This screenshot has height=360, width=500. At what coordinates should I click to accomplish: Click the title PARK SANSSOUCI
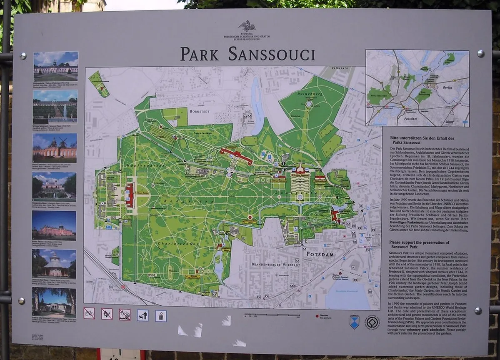click(247, 54)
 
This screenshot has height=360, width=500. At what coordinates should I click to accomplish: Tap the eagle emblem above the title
click(247, 27)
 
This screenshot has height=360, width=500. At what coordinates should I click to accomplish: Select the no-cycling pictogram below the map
click(89, 313)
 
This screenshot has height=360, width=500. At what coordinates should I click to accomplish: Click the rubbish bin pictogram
click(161, 315)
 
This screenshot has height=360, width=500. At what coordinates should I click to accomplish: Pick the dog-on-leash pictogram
click(142, 315)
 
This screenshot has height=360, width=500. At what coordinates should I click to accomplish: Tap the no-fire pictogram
click(107, 313)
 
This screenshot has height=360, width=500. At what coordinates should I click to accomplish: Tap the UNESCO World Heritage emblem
click(372, 322)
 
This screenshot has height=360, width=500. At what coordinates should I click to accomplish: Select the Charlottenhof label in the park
click(174, 243)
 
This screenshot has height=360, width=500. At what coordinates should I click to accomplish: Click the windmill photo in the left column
click(55, 148)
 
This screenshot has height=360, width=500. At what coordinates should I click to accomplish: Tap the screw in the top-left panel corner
click(23, 56)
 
